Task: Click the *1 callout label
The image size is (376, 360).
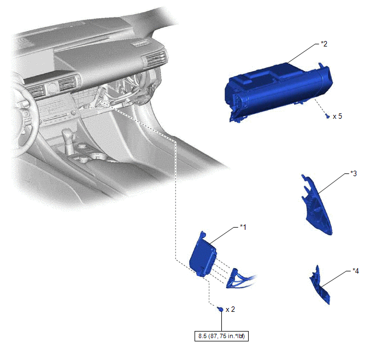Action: click(x=243, y=227)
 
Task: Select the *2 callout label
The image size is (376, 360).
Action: click(x=324, y=44)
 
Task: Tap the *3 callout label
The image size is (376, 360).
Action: click(x=354, y=173)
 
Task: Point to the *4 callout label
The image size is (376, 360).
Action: click(x=356, y=271)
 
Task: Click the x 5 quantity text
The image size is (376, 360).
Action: click(x=337, y=117)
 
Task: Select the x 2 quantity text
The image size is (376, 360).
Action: click(x=230, y=309)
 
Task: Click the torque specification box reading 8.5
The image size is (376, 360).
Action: click(x=221, y=336)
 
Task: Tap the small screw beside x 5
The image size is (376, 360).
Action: click(x=327, y=117)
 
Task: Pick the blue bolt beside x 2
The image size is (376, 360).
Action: click(x=220, y=309)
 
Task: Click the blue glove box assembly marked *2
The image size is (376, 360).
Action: click(x=278, y=91)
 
